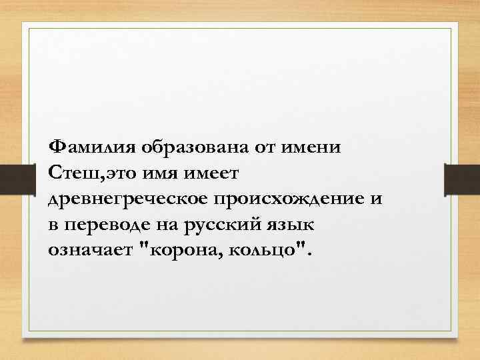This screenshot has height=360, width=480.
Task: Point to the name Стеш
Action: pos(68,173)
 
